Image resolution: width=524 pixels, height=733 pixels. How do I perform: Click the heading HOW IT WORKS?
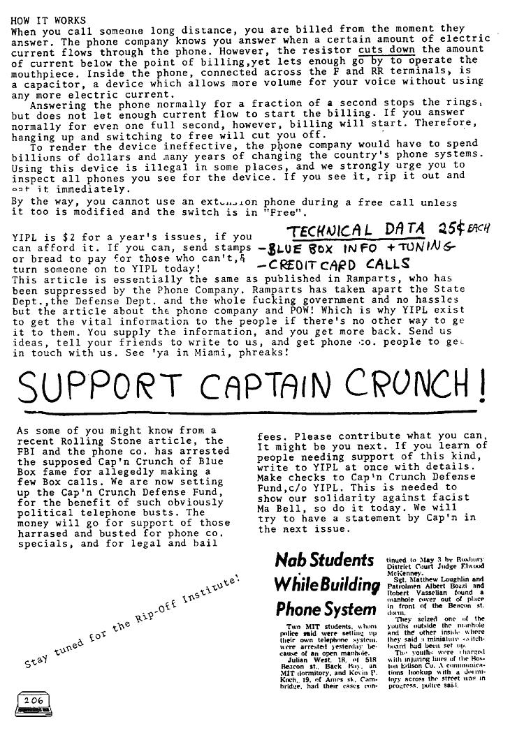48,21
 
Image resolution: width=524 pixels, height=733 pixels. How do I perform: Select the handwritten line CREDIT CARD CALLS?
335,265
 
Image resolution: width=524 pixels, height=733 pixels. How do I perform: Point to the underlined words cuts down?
386,51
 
